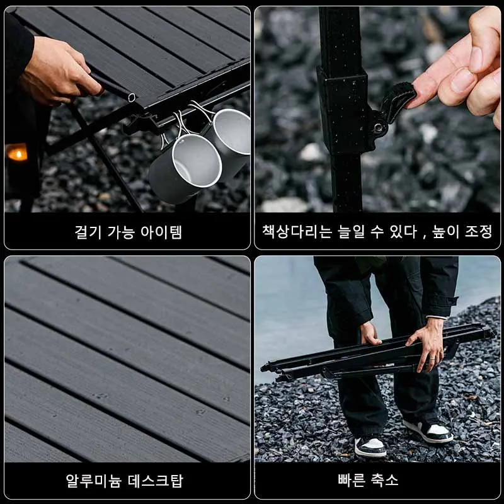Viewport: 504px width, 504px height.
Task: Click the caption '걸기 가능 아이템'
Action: click(128, 232)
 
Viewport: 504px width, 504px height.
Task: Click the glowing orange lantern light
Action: click(17, 153)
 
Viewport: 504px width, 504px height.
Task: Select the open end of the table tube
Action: click(130, 97)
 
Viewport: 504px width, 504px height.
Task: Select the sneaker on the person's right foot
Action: click(370, 446)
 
